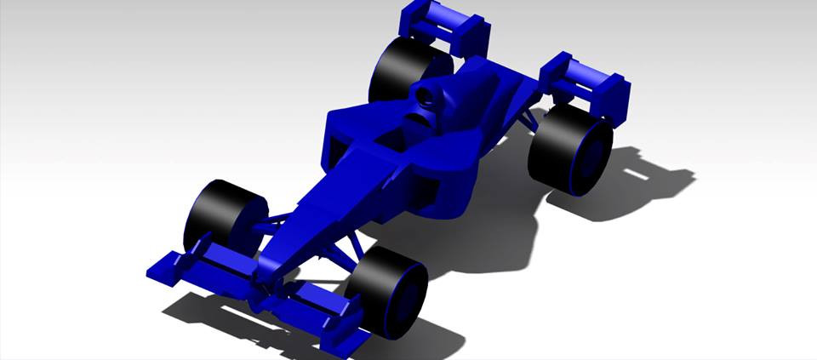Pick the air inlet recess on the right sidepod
pos(340,150)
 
